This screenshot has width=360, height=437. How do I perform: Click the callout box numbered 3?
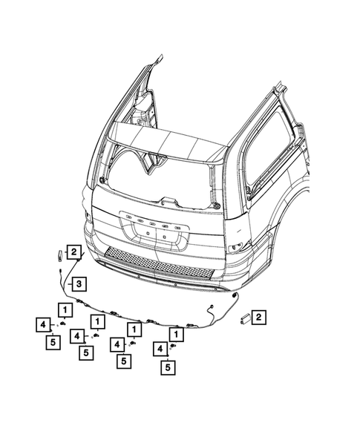(x=79, y=283)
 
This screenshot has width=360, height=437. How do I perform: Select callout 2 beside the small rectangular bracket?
(x=258, y=318)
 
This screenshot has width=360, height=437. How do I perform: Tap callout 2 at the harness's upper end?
(x=74, y=252)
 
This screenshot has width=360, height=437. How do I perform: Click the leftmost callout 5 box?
(x=52, y=343)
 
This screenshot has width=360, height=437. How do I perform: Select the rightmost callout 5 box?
(x=169, y=365)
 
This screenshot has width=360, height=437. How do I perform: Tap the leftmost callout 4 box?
(x=44, y=324)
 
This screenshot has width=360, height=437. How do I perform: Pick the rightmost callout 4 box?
(x=160, y=347)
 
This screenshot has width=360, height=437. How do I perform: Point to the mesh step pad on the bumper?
(x=155, y=260)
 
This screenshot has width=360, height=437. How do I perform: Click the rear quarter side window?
(x=271, y=148)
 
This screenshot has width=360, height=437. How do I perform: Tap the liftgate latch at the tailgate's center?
(x=169, y=200)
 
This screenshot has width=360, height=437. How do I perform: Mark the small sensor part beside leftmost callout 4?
(x=62, y=324)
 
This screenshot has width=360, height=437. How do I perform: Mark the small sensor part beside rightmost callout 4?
(x=174, y=346)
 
